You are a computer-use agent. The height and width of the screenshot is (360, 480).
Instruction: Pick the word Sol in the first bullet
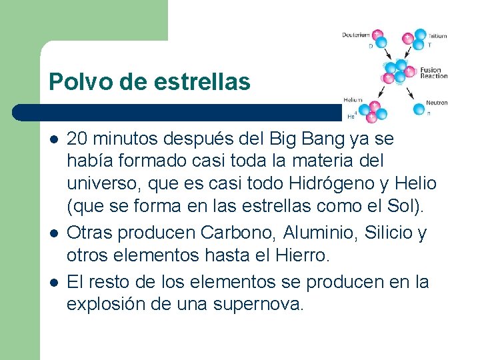[405, 206]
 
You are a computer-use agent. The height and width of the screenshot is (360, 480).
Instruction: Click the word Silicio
[385, 233]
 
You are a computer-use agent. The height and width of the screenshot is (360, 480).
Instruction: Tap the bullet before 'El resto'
[53, 283]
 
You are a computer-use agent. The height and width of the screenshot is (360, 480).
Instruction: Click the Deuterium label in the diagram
[356, 35]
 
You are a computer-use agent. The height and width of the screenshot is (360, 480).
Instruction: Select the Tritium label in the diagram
[437, 36]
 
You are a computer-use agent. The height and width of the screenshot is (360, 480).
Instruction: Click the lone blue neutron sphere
[419, 109]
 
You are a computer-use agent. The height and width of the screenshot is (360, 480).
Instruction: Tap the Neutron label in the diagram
[437, 103]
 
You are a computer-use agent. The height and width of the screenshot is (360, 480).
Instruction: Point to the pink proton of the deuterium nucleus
[377, 34]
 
